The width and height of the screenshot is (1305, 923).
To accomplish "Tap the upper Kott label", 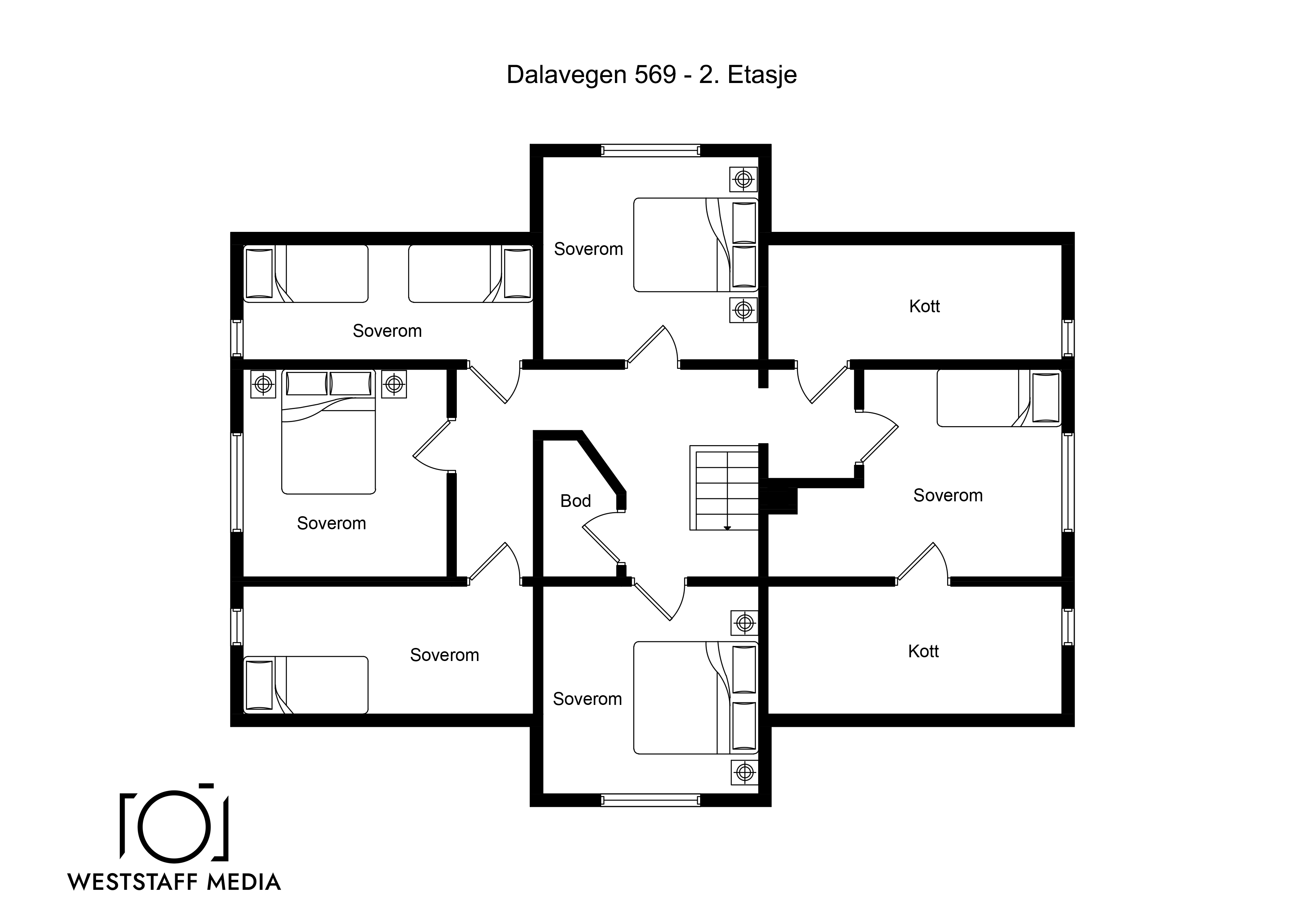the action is click(x=924, y=306).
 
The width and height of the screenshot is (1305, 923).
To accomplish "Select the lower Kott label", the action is click(x=923, y=651).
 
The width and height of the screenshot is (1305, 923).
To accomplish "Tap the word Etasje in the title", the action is click(x=762, y=74).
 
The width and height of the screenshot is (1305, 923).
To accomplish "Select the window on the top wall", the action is click(x=650, y=151).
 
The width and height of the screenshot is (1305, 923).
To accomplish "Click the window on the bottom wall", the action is click(x=650, y=800).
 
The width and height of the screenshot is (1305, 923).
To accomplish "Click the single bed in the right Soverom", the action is click(x=998, y=397).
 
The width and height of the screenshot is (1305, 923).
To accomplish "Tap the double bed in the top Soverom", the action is click(x=696, y=245).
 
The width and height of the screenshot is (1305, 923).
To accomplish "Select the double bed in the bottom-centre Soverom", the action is click(x=696, y=698).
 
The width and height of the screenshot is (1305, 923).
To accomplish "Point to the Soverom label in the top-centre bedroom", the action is click(x=588, y=249).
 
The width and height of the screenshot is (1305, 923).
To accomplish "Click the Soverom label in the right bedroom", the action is click(x=948, y=495).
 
